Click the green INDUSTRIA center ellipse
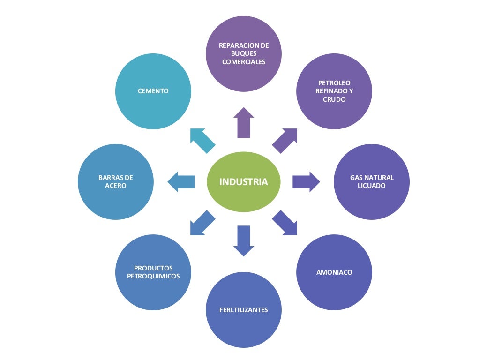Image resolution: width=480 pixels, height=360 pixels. (244, 182)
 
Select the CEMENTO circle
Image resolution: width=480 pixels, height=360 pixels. (153, 91)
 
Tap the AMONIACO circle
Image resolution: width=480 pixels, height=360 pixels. (334, 272)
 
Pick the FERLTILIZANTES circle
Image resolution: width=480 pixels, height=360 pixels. (244, 310)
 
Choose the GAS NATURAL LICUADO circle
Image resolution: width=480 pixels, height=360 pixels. (372, 182)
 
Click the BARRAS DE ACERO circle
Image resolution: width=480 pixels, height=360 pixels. (116, 182)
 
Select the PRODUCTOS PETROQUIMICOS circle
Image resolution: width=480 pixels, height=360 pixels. (153, 272)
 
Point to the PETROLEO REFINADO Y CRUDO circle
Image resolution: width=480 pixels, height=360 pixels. (334, 91)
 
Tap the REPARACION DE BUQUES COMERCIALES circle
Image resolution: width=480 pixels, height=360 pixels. (244, 54)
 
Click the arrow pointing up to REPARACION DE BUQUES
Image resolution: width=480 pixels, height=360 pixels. (244, 123)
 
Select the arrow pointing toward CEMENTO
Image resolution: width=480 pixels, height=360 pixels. (202, 141)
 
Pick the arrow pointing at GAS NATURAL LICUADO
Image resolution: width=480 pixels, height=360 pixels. (306, 182)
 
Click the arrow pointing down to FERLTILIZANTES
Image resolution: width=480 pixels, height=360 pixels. (244, 241)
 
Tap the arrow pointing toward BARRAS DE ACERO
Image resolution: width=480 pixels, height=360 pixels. (181, 182)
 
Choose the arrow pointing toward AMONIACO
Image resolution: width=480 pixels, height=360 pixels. (285, 223)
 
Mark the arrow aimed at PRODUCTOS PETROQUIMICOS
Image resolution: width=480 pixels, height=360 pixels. (202, 223)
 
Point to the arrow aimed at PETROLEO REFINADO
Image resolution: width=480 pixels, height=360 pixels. (285, 141)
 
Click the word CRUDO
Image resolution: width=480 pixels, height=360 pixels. (334, 99)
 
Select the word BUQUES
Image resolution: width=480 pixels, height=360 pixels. (244, 53)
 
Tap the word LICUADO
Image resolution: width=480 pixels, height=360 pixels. (372, 186)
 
